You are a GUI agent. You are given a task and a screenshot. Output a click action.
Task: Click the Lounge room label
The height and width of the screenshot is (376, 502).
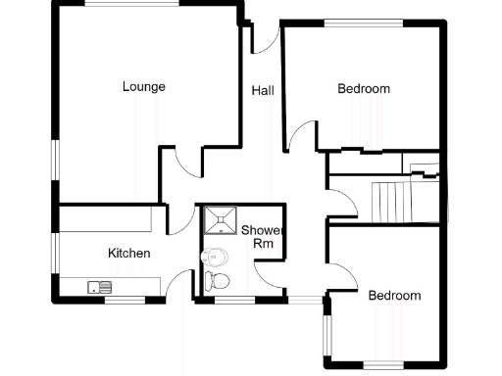143,86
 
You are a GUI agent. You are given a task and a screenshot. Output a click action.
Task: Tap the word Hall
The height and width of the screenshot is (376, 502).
263,90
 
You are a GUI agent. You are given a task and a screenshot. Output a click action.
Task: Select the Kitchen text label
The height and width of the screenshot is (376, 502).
128,254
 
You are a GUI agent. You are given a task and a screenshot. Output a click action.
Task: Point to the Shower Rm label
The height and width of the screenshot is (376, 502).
262,236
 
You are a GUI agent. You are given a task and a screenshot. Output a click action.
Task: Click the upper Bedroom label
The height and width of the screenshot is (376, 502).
364,89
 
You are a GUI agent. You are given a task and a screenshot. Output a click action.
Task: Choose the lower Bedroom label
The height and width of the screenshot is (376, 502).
394,295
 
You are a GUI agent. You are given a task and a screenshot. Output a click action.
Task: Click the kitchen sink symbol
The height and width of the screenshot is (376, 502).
100,287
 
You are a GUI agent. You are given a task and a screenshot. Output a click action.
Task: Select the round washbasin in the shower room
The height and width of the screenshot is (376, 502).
214,258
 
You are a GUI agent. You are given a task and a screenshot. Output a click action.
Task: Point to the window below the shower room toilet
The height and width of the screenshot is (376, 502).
233,301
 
